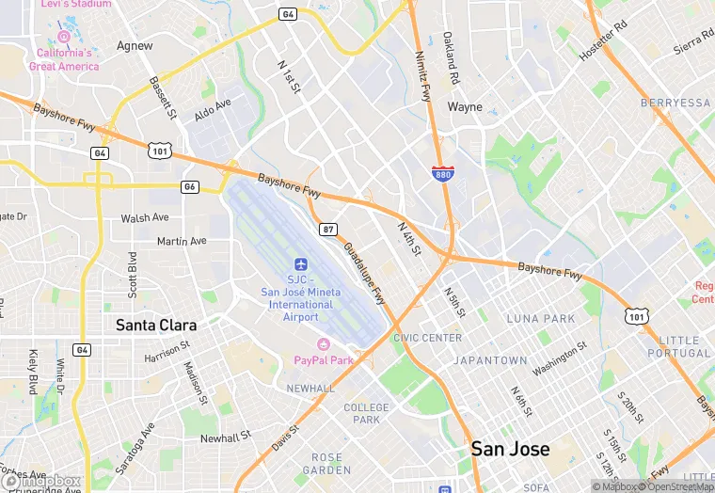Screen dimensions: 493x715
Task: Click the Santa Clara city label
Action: pos(156,325)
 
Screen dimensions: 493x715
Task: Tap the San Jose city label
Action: pos(510,449)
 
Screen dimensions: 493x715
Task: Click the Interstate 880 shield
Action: pos(440,174)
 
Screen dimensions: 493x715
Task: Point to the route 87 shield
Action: pos(327,229)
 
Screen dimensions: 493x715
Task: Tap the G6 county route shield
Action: pos(190,186)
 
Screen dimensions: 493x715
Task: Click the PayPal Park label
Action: pos(324,359)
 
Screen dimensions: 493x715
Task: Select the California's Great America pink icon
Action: pos(64,37)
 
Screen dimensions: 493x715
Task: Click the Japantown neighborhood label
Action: pos(490,360)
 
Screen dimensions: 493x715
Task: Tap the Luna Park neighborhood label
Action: pos(540,319)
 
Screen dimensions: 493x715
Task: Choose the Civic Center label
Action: pos(427,338)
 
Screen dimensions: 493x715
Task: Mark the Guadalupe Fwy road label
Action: pos(364,273)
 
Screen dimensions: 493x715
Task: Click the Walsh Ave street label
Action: pos(145,218)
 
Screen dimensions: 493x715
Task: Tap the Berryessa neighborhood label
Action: pos(675,103)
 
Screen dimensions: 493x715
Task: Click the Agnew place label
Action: pos(135,45)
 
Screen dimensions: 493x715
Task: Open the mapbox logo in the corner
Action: pos(41,481)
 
